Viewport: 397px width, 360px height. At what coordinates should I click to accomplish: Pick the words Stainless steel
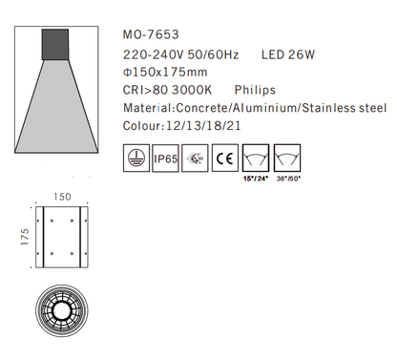pyautogui.click(x=341, y=111)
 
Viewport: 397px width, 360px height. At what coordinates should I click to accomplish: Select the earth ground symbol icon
pyautogui.click(x=138, y=156)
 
